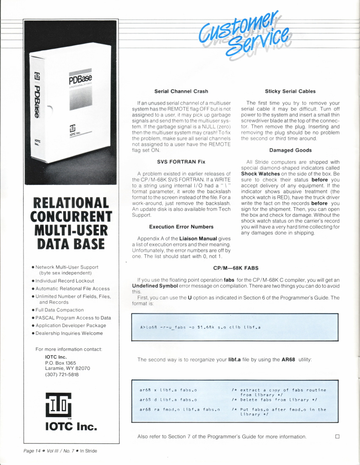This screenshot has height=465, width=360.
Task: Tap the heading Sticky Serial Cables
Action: click(x=290, y=91)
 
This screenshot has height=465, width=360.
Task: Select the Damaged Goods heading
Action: click(x=290, y=150)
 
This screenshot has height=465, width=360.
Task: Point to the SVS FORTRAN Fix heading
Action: click(x=181, y=162)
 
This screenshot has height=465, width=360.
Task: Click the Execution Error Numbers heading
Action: click(x=181, y=227)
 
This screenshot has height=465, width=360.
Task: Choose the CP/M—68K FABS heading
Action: click(x=236, y=268)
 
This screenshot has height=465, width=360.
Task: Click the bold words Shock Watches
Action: click(x=260, y=174)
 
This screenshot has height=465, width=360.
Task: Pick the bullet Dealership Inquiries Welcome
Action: click(x=69, y=333)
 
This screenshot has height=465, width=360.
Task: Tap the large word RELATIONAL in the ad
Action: click(x=71, y=204)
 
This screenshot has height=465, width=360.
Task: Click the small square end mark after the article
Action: click(x=338, y=436)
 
